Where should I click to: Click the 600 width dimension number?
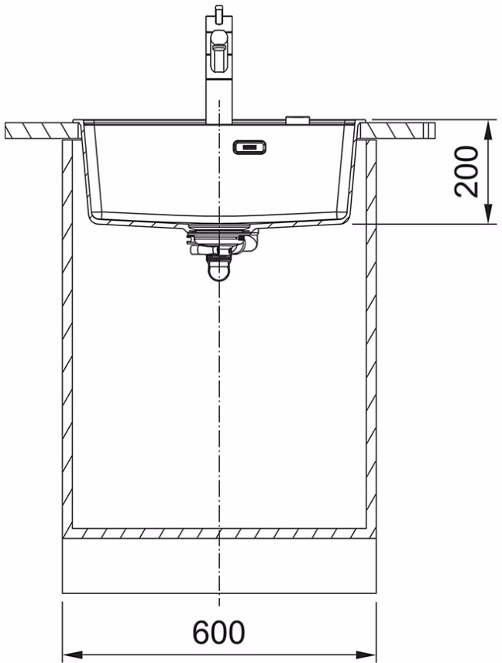[x=218, y=632]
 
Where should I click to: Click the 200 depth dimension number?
[x=466, y=172]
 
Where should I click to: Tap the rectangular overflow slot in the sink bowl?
[x=249, y=147]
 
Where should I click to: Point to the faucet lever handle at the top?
[x=219, y=49]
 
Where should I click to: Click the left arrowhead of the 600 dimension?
[x=73, y=654]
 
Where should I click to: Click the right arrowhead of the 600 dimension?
[x=366, y=654]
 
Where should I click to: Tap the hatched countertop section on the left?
[x=40, y=131]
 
